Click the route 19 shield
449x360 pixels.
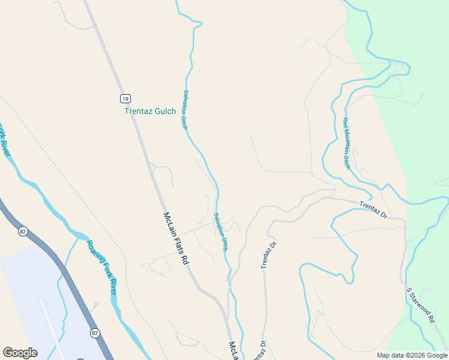pyautogui.click(x=124, y=98)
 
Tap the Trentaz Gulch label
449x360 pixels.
pyautogui.click(x=150, y=111)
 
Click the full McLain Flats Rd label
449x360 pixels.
pyautogui.click(x=176, y=239)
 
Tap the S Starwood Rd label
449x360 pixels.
pyautogui.click(x=420, y=306)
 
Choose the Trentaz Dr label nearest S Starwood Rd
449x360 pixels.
pyautogui.click(x=374, y=209)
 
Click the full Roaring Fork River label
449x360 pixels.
pyautogui.click(x=100, y=267)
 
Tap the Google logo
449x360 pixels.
pyautogui.click(x=20, y=353)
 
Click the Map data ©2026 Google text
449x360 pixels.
pyautogui.click(x=411, y=355)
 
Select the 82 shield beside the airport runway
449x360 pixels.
pyautogui.click(x=95, y=332)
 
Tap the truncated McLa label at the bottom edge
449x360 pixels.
pyautogui.click(x=233, y=352)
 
